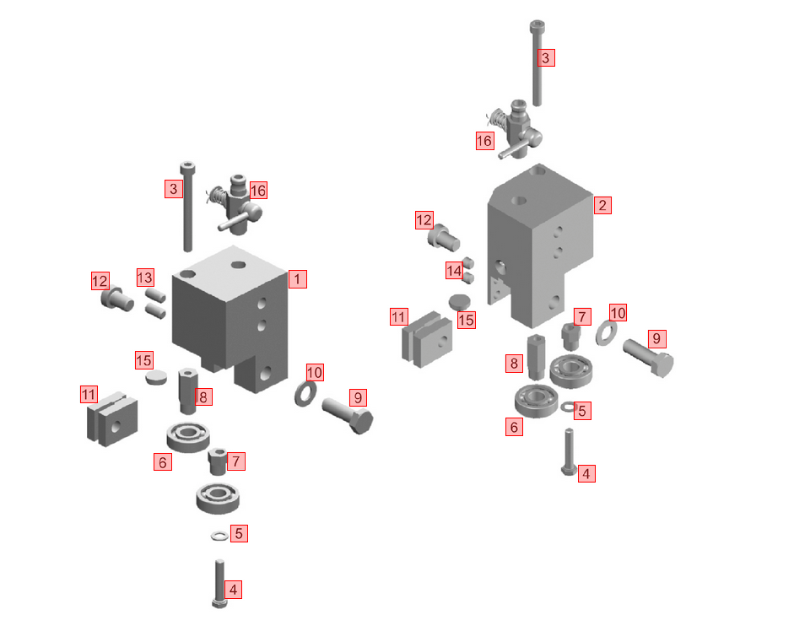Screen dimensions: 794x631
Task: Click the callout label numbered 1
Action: click(x=297, y=279)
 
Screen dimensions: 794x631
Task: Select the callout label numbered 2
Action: click(x=602, y=205)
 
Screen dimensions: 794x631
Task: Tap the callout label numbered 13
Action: click(x=145, y=278)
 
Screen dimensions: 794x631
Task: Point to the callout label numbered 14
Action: click(x=454, y=271)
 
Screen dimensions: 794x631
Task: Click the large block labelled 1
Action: click(x=230, y=318)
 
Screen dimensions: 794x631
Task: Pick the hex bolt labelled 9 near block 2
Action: click(x=648, y=358)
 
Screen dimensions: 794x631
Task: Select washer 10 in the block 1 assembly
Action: click(x=305, y=393)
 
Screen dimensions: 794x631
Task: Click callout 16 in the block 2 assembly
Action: click(x=484, y=141)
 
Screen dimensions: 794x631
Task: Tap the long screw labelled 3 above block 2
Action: click(x=537, y=63)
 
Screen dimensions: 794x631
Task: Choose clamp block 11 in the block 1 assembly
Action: click(x=112, y=418)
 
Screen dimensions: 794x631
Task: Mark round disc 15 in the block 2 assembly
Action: click(x=459, y=302)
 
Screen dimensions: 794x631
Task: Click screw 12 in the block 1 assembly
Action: click(x=117, y=299)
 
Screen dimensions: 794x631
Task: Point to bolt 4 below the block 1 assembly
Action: click(x=219, y=584)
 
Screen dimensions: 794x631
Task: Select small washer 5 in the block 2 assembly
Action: click(x=567, y=406)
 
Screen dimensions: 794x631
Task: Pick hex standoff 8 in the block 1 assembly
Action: click(x=187, y=391)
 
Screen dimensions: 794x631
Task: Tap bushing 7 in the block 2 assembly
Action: click(x=570, y=337)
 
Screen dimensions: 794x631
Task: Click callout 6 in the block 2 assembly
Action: click(x=514, y=428)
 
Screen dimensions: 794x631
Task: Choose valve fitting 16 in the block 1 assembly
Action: click(x=235, y=205)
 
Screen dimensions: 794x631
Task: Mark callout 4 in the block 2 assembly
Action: click(x=586, y=474)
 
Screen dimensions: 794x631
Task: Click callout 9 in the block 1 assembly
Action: click(x=358, y=397)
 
